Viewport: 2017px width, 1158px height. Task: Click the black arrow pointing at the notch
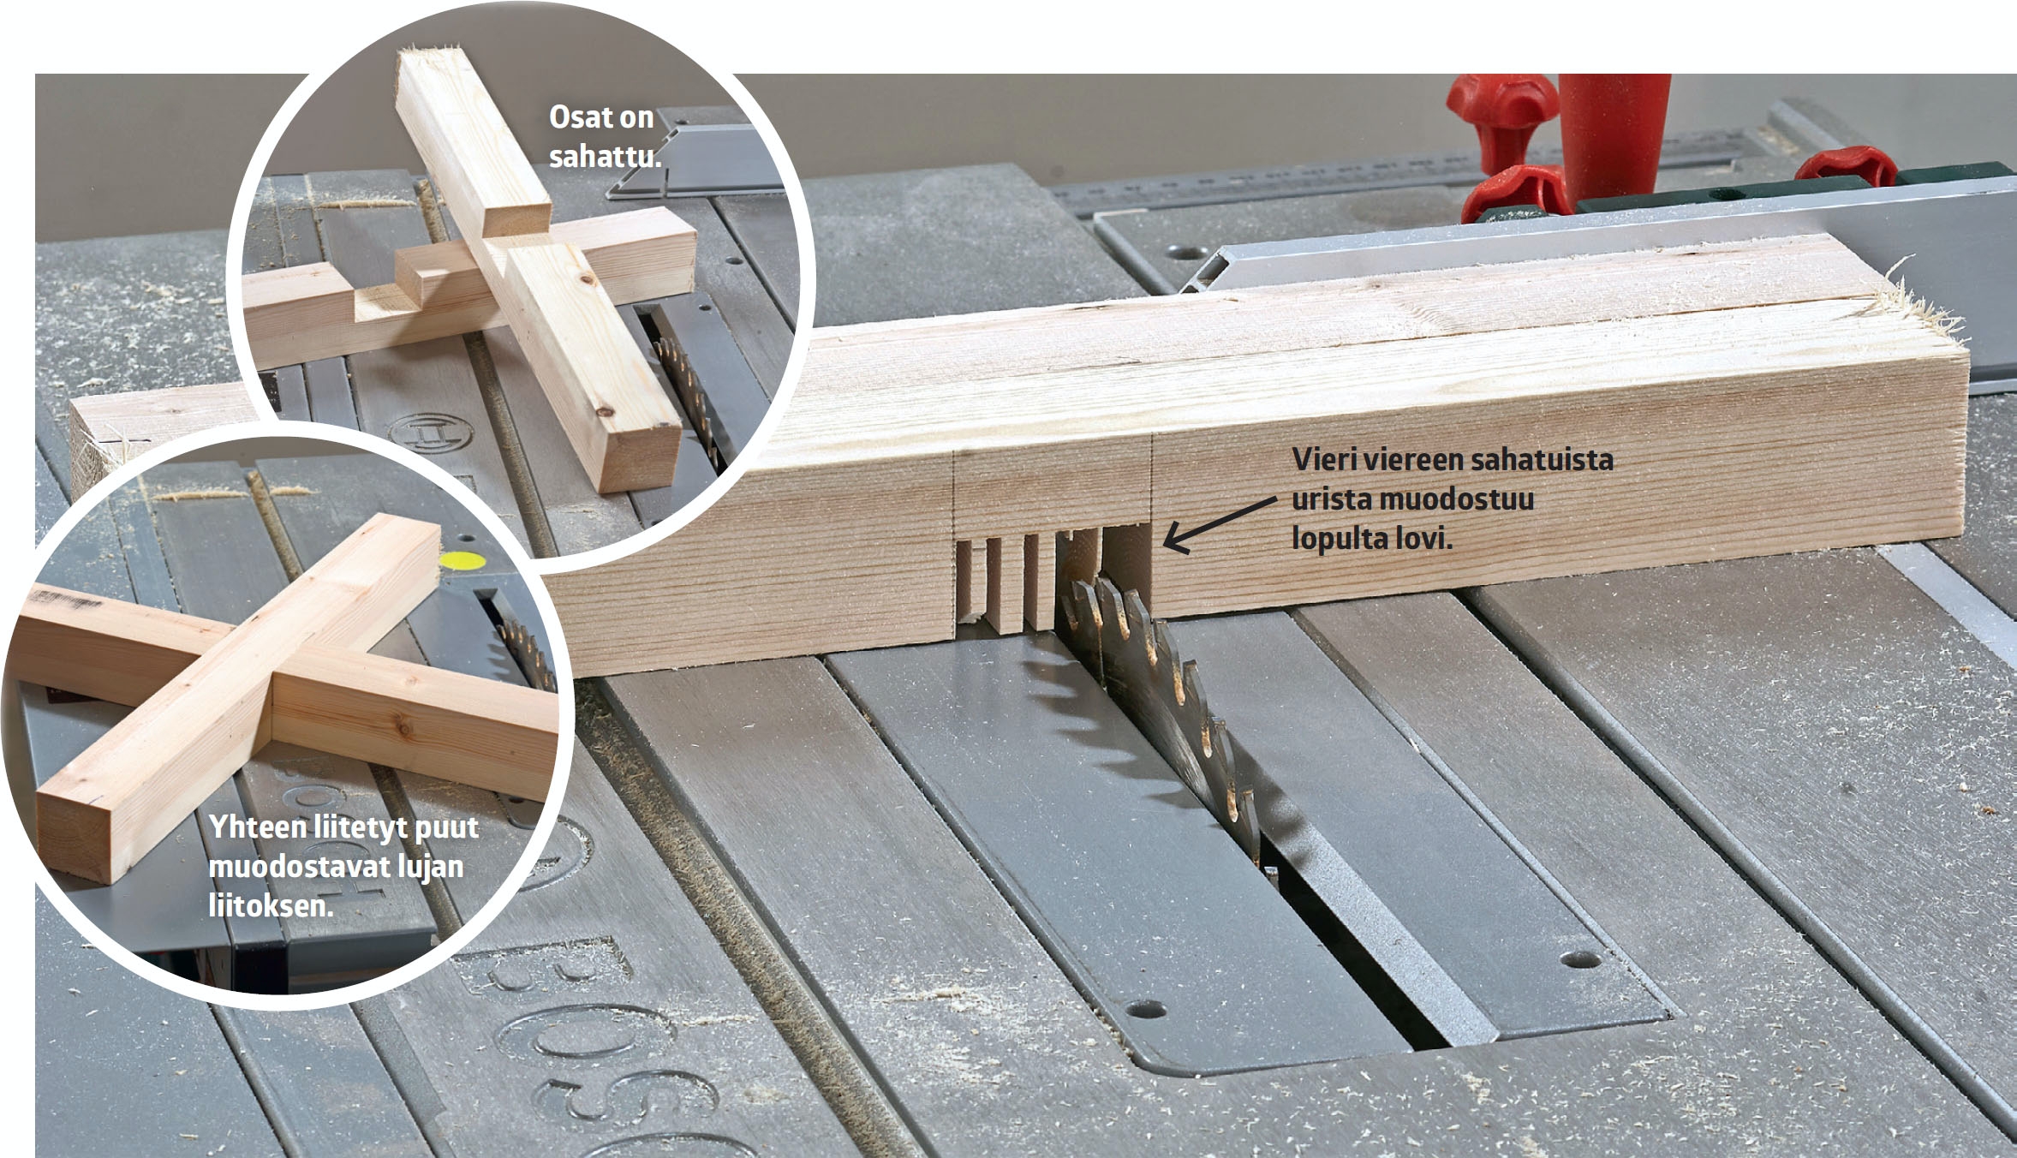tap(1220, 524)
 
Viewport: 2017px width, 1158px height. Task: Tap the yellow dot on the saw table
tap(461, 562)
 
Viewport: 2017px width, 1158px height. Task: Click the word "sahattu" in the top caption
tap(606, 156)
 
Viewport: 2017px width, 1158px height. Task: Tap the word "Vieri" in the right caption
tap(1324, 459)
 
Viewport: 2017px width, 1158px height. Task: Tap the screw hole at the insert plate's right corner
tap(1583, 958)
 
